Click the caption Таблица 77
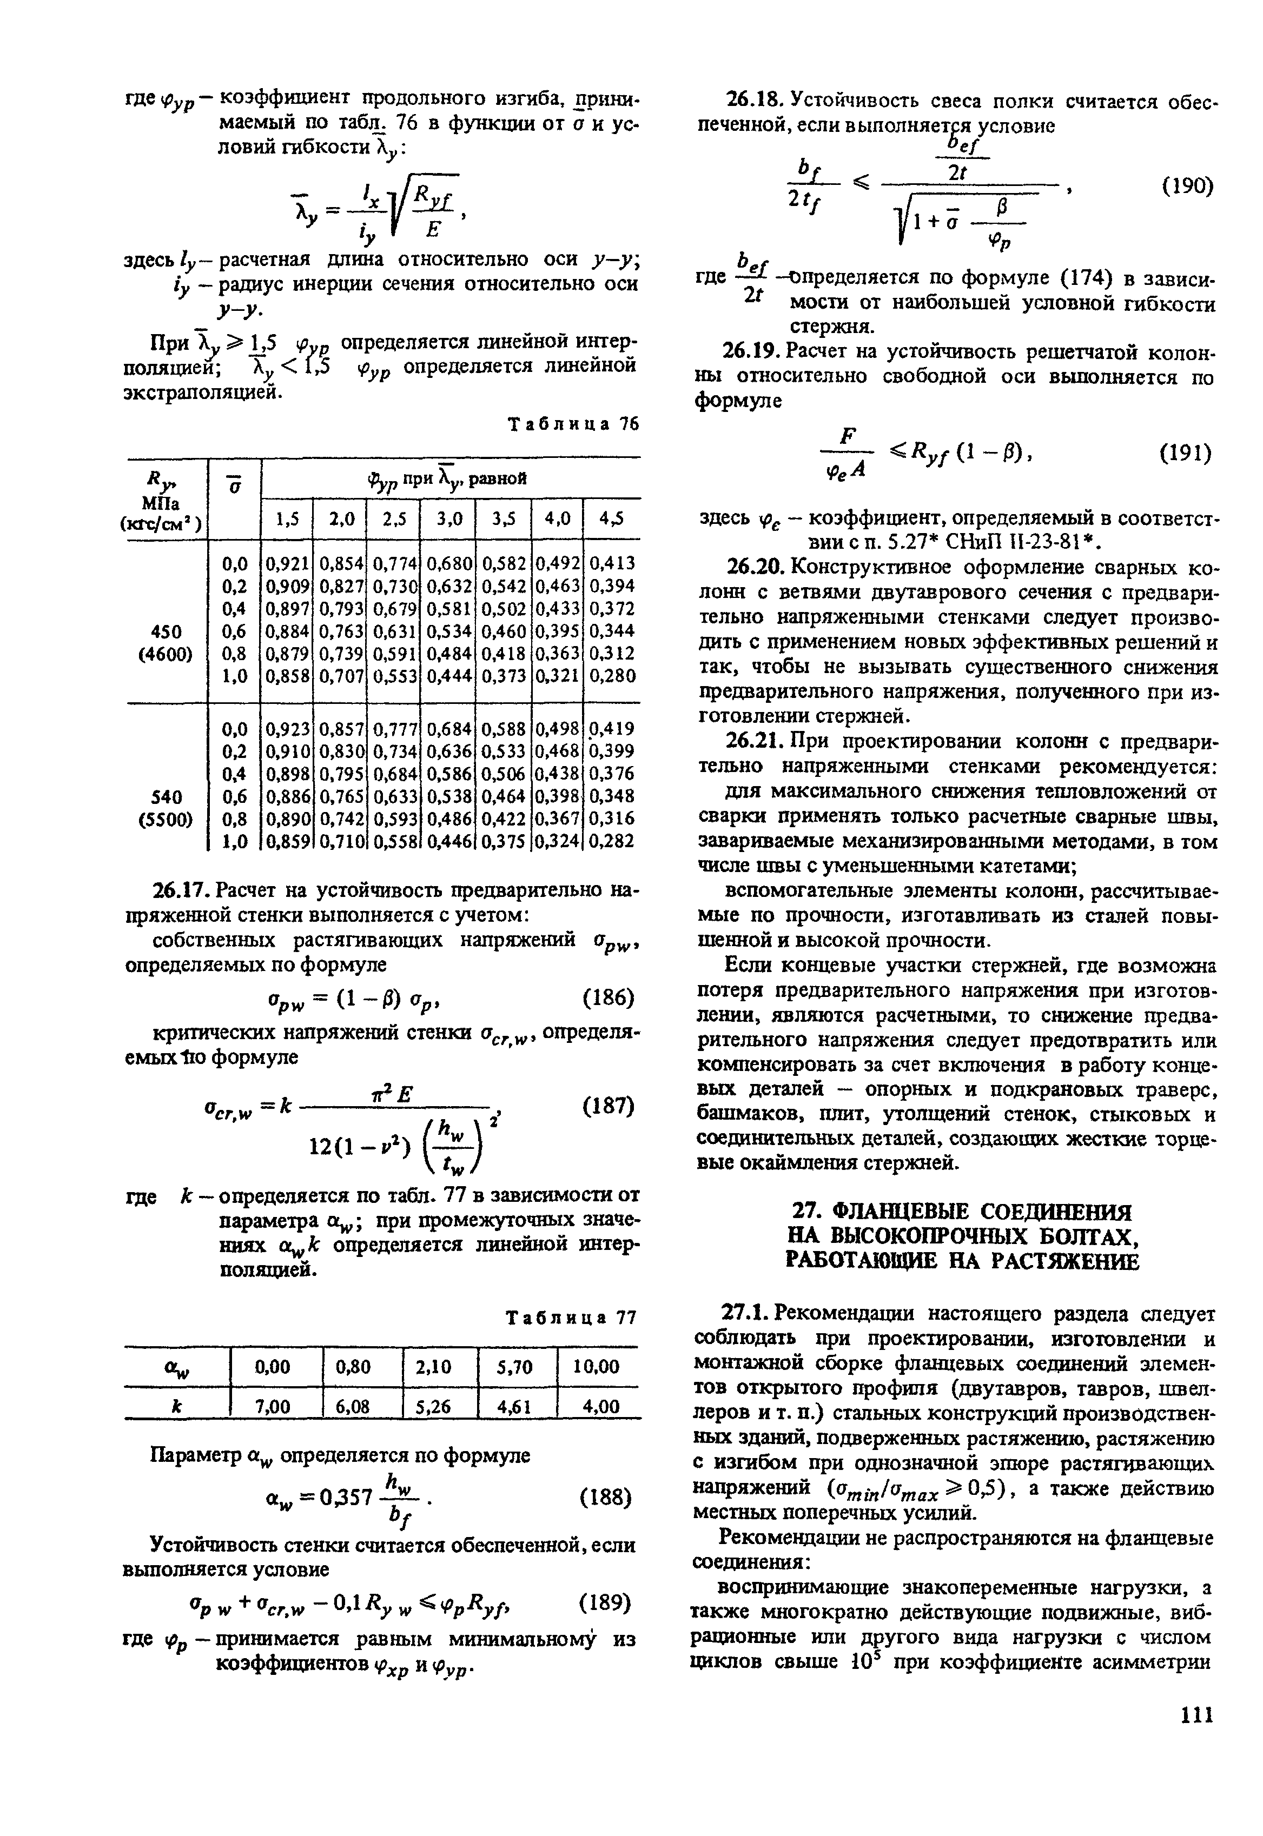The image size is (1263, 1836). pos(571,1317)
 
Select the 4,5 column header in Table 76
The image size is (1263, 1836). pos(611,519)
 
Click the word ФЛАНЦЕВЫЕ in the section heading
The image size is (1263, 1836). pos(895,1212)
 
